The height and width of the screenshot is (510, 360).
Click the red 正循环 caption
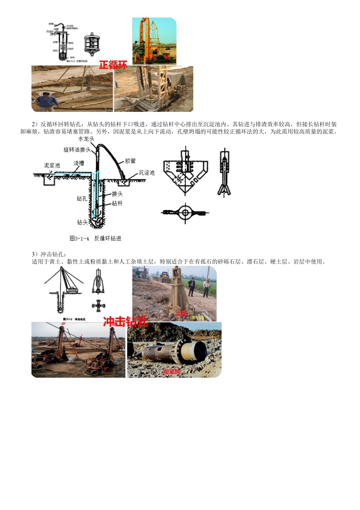(113, 65)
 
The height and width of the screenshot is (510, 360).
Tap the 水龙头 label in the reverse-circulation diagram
(86, 139)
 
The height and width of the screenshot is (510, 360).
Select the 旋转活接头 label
(77, 150)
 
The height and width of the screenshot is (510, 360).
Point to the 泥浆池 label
(52, 165)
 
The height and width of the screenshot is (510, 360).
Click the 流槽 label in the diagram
(78, 163)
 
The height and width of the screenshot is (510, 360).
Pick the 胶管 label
(130, 161)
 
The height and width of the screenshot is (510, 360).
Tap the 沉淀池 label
(146, 173)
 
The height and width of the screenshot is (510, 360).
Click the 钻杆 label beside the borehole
(117, 204)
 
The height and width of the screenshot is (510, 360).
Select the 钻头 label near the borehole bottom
(82, 223)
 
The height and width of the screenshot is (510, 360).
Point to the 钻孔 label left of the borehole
(82, 199)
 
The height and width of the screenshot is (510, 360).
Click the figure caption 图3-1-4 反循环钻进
(95, 239)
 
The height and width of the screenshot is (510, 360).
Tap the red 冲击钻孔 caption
(125, 322)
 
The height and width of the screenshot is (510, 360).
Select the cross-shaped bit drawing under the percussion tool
(99, 305)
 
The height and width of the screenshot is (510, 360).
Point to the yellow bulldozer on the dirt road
(165, 277)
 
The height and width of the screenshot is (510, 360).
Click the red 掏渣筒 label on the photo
(171, 372)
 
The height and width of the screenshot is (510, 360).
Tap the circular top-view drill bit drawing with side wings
(185, 213)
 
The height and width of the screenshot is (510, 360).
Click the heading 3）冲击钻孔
(49, 254)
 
